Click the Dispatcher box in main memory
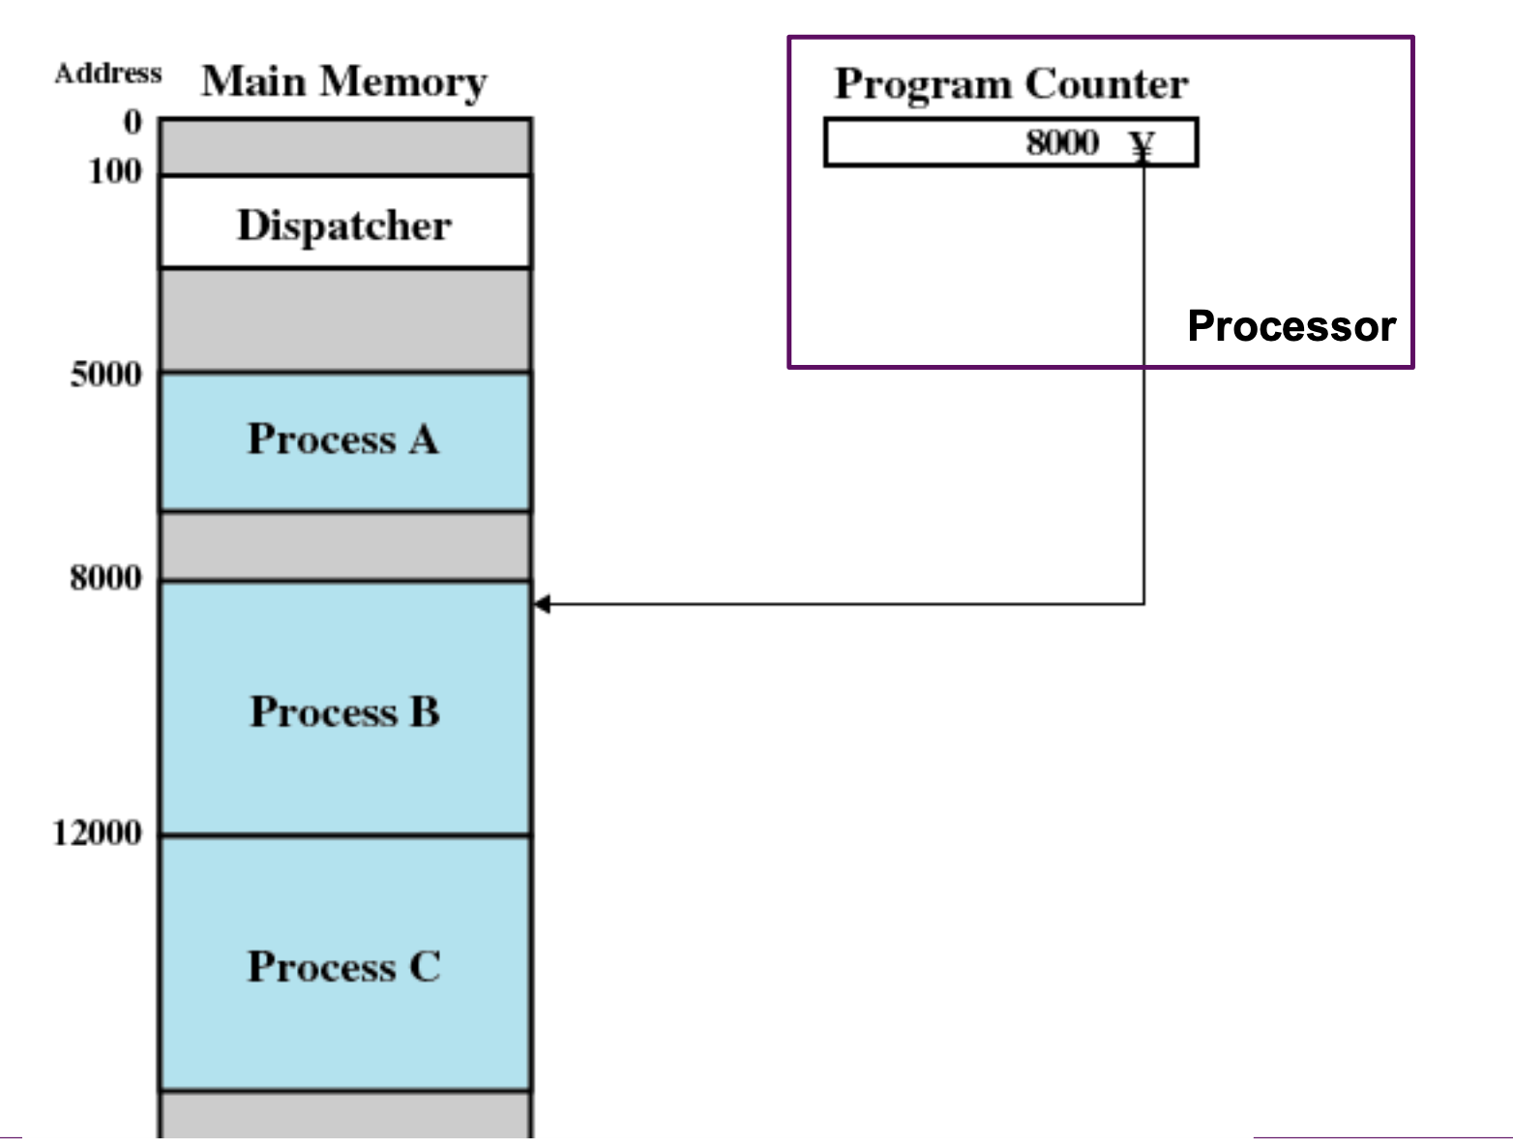pos(345,222)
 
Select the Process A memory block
pos(345,441)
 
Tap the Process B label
pos(344,710)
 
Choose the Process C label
pos(344,966)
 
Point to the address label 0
pos(133,122)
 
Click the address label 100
pos(115,171)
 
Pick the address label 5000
pos(106,375)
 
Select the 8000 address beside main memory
pos(106,577)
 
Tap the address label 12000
pos(97,832)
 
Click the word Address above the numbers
pos(108,74)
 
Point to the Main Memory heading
pos(344,82)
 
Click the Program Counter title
pos(1011,85)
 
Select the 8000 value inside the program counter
pos(1062,142)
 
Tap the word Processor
pos(1291,326)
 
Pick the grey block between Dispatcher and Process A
pos(345,320)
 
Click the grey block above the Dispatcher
pos(345,147)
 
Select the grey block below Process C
pos(345,1114)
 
